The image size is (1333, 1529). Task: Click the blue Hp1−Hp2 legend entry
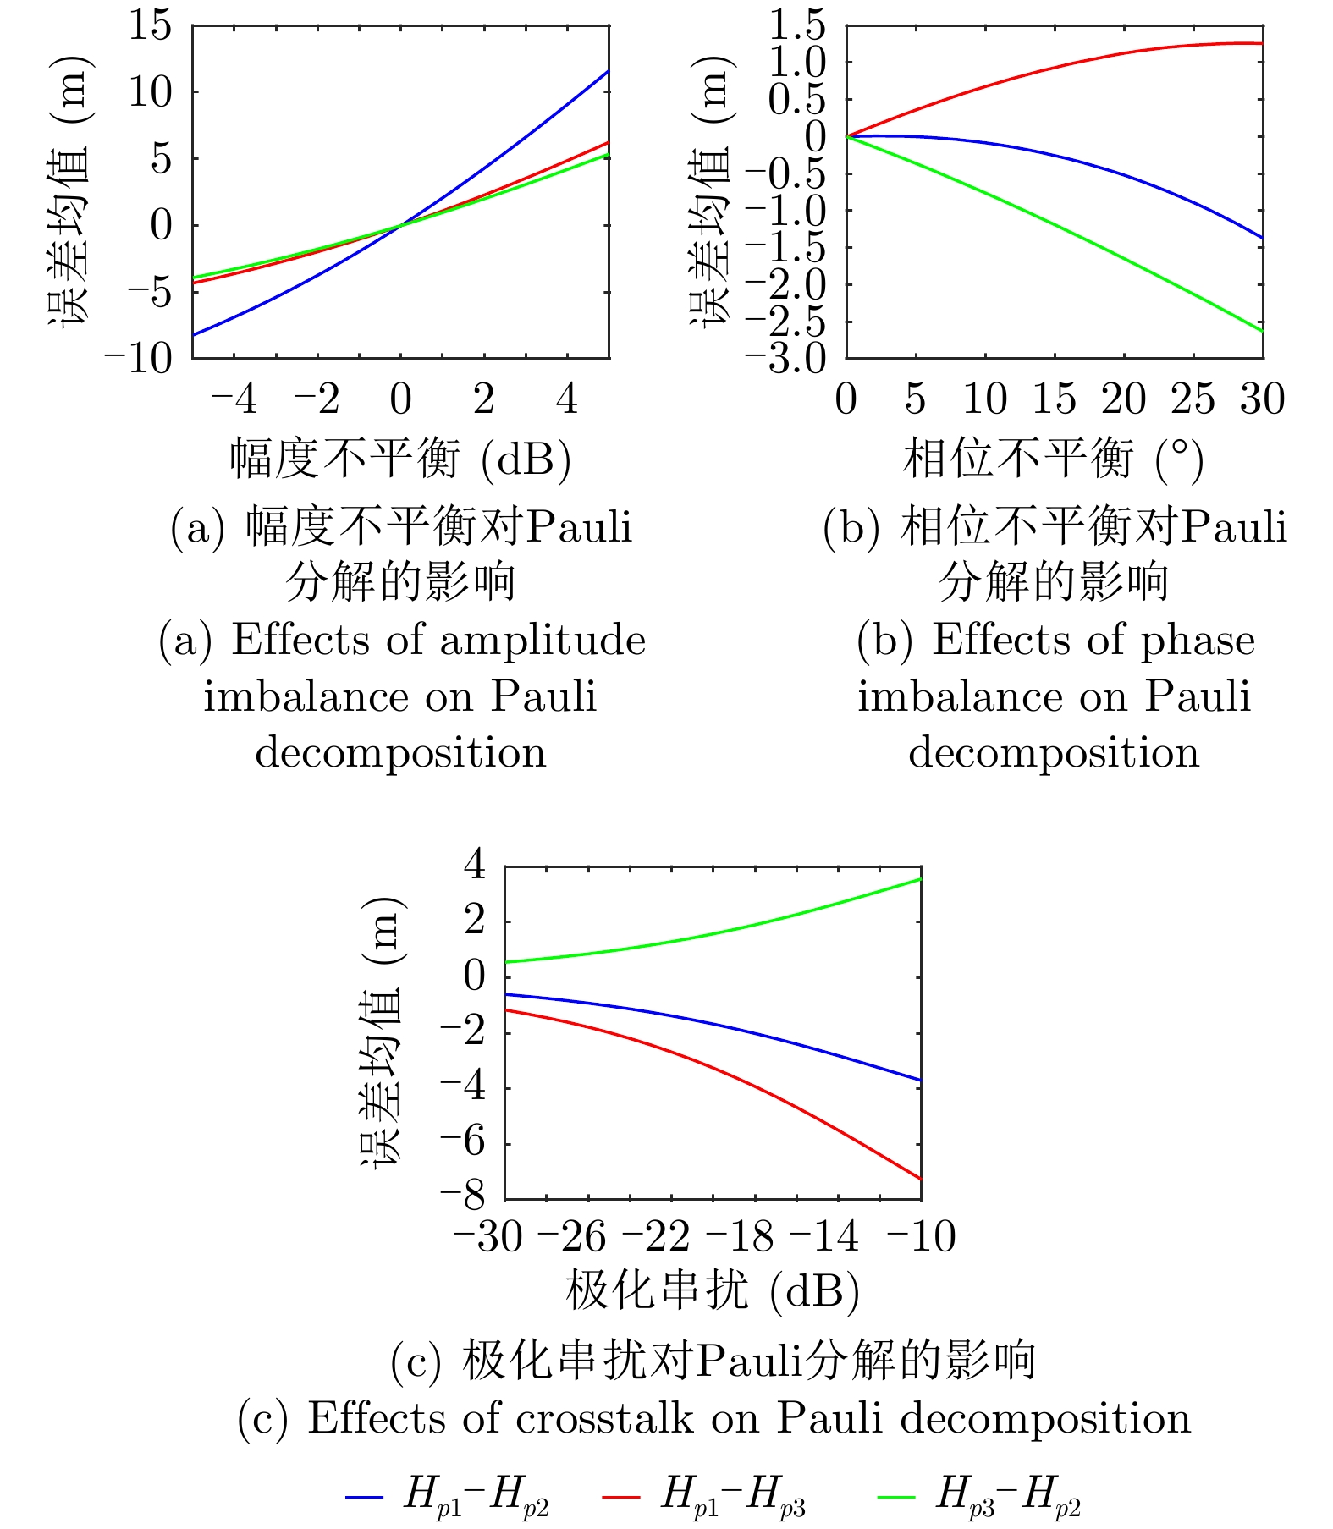click(x=449, y=1495)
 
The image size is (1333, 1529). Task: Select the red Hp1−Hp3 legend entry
click(x=705, y=1495)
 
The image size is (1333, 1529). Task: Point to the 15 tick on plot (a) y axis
click(x=150, y=25)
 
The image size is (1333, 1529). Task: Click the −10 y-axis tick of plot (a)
click(x=138, y=359)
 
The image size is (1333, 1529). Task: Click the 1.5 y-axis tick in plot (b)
click(x=796, y=25)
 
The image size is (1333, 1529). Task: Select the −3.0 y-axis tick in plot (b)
click(x=785, y=359)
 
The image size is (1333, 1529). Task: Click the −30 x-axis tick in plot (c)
click(x=489, y=1237)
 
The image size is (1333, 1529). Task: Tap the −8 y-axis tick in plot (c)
click(x=462, y=1196)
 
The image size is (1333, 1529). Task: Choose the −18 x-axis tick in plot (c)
click(x=740, y=1237)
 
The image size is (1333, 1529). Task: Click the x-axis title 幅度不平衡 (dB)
click(x=400, y=459)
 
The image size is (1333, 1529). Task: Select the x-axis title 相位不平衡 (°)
click(x=1054, y=459)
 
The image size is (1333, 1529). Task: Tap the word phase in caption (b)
click(x=1198, y=641)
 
